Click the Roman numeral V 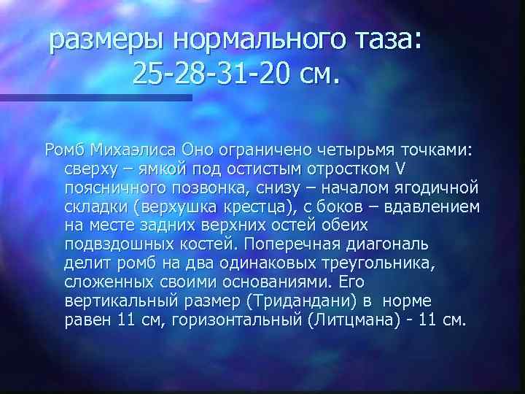tap(398, 169)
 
